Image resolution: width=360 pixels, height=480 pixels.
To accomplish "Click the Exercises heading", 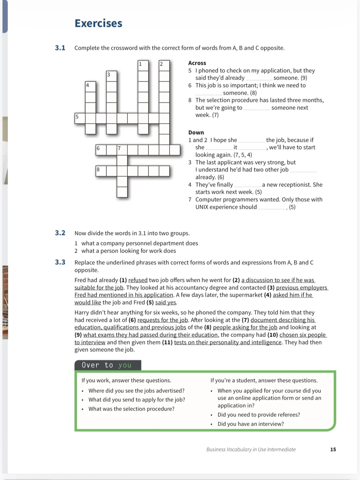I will [98, 23].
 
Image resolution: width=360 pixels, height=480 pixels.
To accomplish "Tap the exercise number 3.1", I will [60, 48].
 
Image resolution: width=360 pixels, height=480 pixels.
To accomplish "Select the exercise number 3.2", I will [60, 233].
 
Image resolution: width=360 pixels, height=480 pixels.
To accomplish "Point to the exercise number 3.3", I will [60, 262].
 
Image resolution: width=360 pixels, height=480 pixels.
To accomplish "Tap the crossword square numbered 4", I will [90, 87].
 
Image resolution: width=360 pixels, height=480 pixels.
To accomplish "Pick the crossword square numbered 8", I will [101, 171].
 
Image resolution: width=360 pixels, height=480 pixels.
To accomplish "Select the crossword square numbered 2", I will [164, 66].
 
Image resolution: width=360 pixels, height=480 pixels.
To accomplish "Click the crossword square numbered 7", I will [122, 150].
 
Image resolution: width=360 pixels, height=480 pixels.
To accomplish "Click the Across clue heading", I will [197, 63].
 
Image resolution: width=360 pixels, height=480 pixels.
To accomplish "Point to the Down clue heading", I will [196, 132].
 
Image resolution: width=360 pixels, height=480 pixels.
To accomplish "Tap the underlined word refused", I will [138, 280].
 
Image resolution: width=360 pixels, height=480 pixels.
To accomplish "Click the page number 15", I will [333, 449].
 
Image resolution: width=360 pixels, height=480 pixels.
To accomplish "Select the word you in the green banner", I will [125, 365].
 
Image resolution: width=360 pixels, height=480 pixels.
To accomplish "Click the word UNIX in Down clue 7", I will [202, 207].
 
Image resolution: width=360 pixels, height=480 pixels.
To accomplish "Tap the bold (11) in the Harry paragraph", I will [167, 342].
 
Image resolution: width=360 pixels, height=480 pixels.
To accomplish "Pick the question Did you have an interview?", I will [251, 424].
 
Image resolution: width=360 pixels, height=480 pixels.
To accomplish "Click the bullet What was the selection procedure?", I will [131, 409].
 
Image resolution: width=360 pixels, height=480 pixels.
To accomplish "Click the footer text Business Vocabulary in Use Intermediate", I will [251, 449].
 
